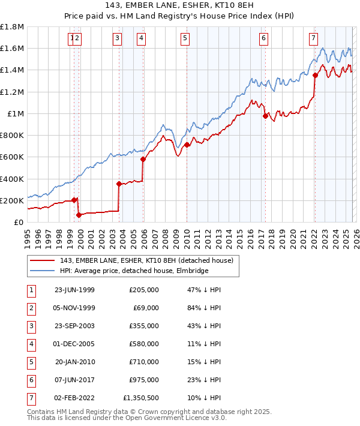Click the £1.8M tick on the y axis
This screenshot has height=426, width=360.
pos(13,27)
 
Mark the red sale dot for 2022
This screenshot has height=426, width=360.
pos(315,75)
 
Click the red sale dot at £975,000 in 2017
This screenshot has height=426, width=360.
pos(265,116)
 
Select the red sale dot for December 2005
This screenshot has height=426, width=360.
pos(143,160)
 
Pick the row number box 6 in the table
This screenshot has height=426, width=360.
pos(31,380)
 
